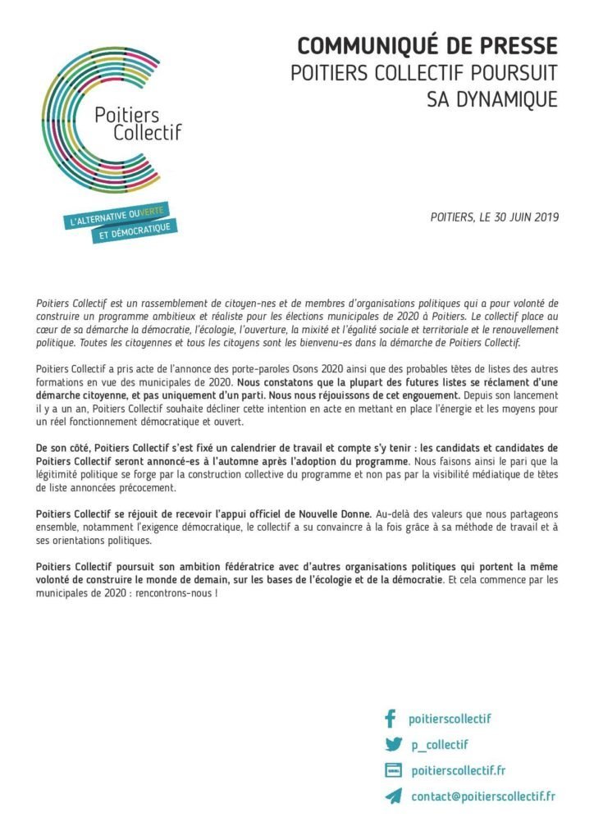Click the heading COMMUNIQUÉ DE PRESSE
[427, 45]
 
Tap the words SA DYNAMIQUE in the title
[492, 99]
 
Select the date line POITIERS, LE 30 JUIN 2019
[494, 217]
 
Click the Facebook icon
[390, 719]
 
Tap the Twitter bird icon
[392, 745]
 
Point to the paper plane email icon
[393, 797]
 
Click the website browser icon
[393, 770]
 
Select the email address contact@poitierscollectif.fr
[483, 797]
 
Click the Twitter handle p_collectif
[439, 745]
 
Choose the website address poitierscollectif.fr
[458, 770]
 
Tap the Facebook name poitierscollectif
[450, 719]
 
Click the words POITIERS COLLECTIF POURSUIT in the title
[424, 72]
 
